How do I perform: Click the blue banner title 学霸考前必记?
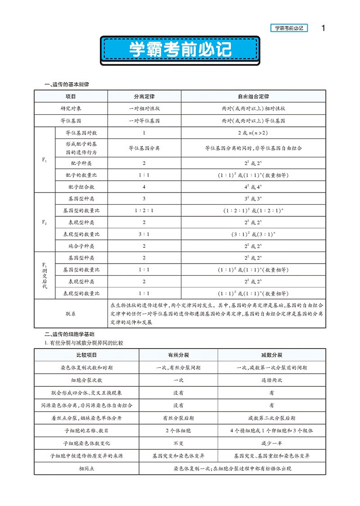pyautogui.click(x=180, y=50)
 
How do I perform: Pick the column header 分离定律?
pyautogui.click(x=144, y=96)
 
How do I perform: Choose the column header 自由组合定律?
pyautogui.click(x=253, y=96)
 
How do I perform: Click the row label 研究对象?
pyautogui.click(x=71, y=108)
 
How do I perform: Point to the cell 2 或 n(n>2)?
pyautogui.click(x=253, y=133)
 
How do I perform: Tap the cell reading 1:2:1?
pyautogui.click(x=144, y=210)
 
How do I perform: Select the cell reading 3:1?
pyautogui.click(x=144, y=234)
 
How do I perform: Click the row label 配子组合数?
pyautogui.click(x=81, y=186)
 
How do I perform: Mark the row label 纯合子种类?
pyautogui.click(x=81, y=246)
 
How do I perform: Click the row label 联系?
pyautogui.click(x=71, y=313)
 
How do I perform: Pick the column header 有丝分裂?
pyautogui.click(x=178, y=354)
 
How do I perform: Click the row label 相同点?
pyautogui.click(x=86, y=468)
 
